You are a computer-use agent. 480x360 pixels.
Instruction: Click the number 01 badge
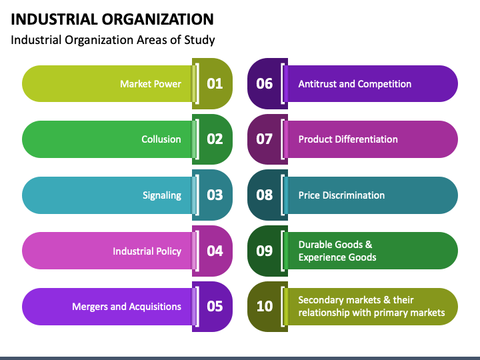(212, 83)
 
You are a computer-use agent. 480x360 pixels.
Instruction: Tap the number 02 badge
(212, 139)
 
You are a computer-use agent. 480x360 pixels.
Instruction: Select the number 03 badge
(212, 195)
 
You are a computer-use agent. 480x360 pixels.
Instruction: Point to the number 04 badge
(212, 251)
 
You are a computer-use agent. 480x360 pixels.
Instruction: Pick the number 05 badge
(212, 307)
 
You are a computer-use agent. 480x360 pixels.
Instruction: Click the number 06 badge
(267, 83)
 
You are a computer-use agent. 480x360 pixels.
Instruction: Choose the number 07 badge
(267, 139)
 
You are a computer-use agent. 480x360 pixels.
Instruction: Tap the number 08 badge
(267, 195)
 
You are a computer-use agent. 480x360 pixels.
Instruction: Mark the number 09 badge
(267, 251)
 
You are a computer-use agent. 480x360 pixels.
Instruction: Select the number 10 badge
(267, 307)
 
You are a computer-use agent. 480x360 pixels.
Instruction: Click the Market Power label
(151, 84)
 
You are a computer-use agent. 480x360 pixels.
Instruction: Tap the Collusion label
(161, 139)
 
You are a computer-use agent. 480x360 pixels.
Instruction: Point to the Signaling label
(162, 195)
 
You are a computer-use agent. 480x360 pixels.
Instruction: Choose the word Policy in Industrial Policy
(169, 251)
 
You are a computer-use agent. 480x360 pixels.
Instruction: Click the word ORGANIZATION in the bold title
(157, 19)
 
